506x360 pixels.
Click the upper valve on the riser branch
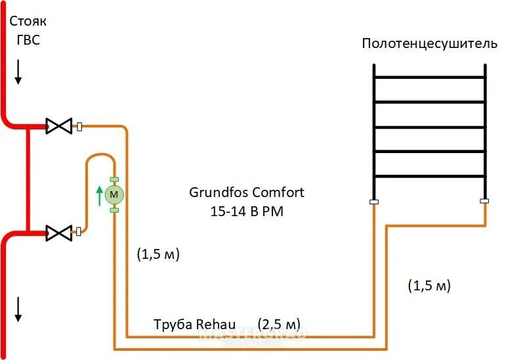pos(58,125)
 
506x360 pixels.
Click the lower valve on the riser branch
pos(58,231)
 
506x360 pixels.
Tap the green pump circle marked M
pos(114,194)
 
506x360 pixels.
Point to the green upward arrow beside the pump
pos(100,195)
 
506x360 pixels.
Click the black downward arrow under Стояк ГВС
pos(18,72)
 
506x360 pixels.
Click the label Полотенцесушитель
pos(429,44)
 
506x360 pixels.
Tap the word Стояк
pos(28,22)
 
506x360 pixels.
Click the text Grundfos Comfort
pos(247,193)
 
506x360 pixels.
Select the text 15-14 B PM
pos(247,212)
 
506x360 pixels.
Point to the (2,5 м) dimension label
pos(279,325)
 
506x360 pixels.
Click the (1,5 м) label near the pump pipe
pos(158,254)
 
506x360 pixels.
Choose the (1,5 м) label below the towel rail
pos(429,286)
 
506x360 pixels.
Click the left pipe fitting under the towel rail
pos(373,202)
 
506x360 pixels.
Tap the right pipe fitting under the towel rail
pos(484,202)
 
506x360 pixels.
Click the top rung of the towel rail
pos(429,78)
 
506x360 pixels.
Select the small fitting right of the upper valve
pos(79,126)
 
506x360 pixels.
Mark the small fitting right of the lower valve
pos(79,231)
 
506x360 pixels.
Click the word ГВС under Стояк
pos(28,39)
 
